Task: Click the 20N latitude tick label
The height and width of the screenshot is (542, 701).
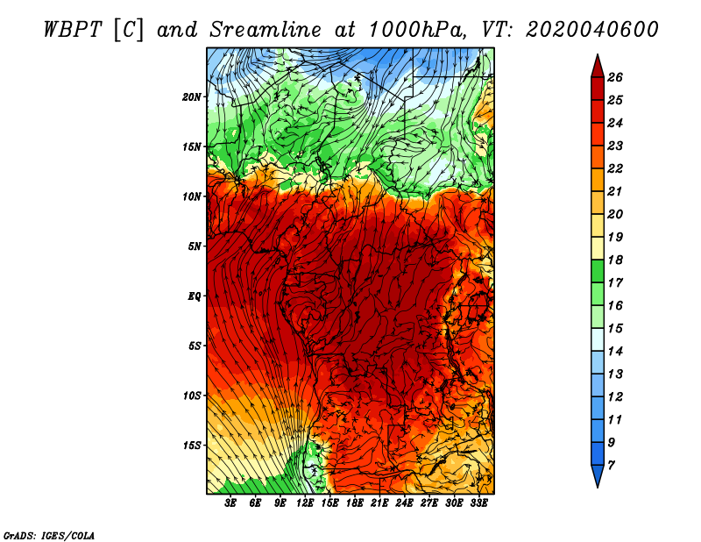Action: coord(191,97)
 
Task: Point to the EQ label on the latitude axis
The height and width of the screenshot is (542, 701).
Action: coord(194,296)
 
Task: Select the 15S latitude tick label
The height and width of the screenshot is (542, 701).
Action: coord(192,446)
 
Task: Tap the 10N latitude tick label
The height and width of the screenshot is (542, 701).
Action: coord(191,197)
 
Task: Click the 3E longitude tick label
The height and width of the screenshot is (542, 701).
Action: coord(230,503)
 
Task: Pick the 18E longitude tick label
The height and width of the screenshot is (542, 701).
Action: coord(355,503)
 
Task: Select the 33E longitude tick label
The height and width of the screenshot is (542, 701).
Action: coord(478,503)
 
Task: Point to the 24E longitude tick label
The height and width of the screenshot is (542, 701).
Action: coord(404,503)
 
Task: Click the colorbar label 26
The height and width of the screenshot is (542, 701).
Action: coord(615,78)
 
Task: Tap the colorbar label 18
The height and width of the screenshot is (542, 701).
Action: coord(615,260)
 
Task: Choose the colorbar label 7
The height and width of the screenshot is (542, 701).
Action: coord(611,466)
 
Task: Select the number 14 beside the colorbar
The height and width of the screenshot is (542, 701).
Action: coord(615,352)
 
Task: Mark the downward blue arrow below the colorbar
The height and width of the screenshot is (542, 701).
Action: coord(598,474)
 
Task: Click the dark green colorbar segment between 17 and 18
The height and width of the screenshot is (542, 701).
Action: coord(598,271)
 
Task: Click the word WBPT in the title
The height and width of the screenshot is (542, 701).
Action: coord(73,30)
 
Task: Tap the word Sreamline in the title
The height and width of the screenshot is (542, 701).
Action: coord(266,30)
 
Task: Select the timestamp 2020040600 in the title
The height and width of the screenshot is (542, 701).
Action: coord(592,30)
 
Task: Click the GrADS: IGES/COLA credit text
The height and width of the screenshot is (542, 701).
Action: coord(49,536)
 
